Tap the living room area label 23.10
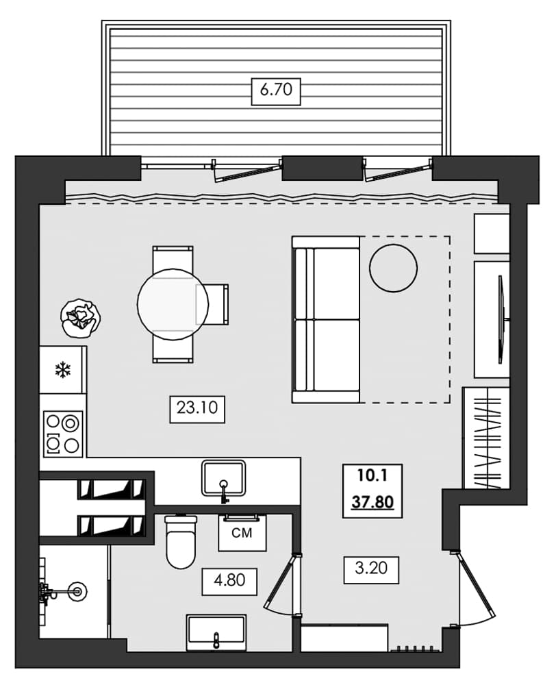tap(197, 409)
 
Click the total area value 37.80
tap(372, 502)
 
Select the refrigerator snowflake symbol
tap(63, 371)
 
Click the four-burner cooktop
tap(63, 434)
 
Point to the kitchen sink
tap(223, 478)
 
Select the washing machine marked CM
tap(242, 532)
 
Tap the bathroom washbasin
tap(216, 632)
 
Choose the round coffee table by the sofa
tap(393, 268)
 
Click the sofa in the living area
tap(326, 319)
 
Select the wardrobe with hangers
tap(486, 438)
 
